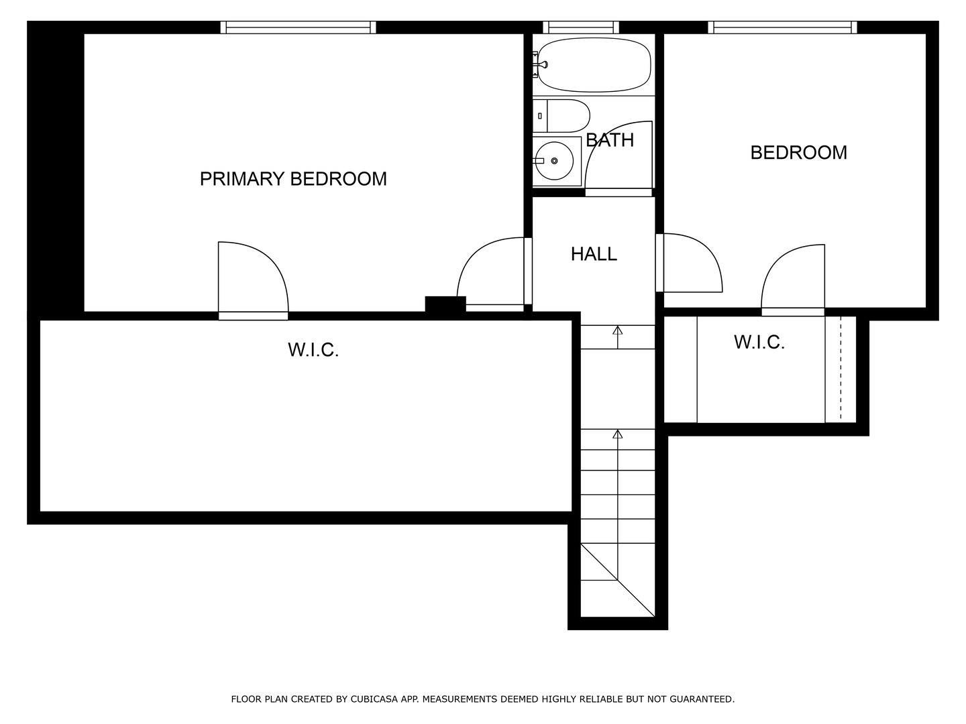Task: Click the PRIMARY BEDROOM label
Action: [293, 179]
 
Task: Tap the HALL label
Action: [594, 254]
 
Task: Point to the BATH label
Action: [610, 140]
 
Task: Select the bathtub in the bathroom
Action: [594, 64]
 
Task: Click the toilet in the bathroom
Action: [561, 115]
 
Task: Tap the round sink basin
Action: [554, 161]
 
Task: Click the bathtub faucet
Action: [541, 64]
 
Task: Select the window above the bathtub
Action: [581, 27]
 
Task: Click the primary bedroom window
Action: [299, 27]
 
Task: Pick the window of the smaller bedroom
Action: [782, 27]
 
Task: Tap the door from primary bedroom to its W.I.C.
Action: [253, 280]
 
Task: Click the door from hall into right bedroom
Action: [689, 262]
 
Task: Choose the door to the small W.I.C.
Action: [793, 280]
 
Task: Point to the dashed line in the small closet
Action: [841, 369]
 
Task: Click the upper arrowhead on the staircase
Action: [617, 330]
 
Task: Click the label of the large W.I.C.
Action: [313, 350]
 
